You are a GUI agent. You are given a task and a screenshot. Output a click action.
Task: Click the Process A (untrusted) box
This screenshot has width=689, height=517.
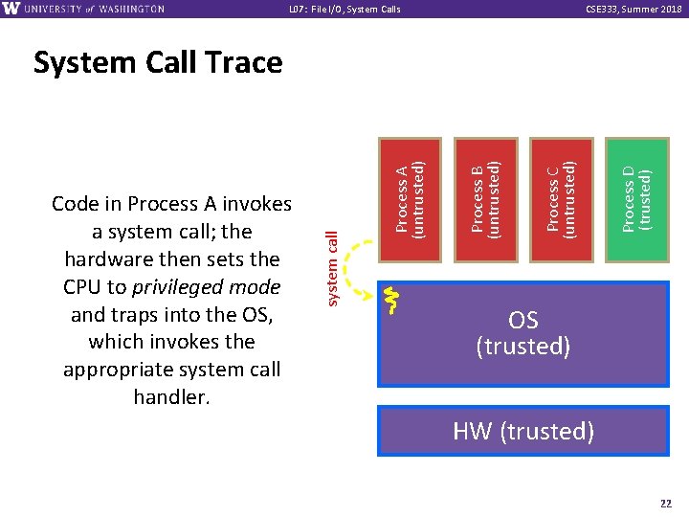411,200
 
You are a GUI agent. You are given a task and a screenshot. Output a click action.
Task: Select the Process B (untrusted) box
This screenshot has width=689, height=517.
486,200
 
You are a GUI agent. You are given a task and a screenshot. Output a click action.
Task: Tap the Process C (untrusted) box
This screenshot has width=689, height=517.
562,200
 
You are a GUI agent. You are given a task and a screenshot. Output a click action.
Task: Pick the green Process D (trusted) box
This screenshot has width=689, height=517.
637,200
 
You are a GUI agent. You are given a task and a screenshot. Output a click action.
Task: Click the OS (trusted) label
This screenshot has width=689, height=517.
523,333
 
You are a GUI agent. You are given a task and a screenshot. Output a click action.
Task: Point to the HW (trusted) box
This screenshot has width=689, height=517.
523,431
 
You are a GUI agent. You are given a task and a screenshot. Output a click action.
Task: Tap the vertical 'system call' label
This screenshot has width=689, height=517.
331,269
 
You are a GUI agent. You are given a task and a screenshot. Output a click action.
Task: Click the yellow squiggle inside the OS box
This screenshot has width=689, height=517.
390,300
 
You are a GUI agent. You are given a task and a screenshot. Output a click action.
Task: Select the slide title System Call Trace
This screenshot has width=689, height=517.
158,63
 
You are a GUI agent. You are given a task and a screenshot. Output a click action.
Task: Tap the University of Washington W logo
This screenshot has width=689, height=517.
12,9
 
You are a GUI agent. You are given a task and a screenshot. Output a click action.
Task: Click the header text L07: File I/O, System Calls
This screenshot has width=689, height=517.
344,10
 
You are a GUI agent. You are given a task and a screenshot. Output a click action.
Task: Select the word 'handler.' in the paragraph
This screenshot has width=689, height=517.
172,396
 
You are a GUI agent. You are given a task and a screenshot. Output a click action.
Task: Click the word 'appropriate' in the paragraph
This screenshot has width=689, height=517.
116,370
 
